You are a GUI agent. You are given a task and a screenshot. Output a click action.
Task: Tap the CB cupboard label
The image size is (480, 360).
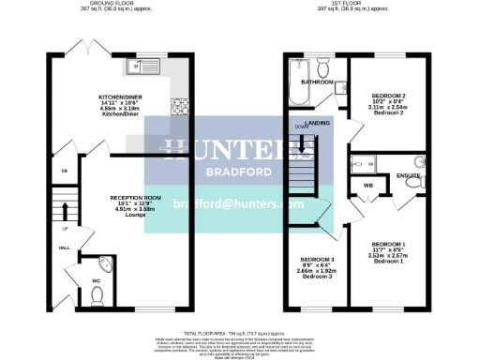[x=64, y=171]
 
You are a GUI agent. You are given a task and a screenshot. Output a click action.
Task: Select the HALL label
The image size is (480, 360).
[x=64, y=247]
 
